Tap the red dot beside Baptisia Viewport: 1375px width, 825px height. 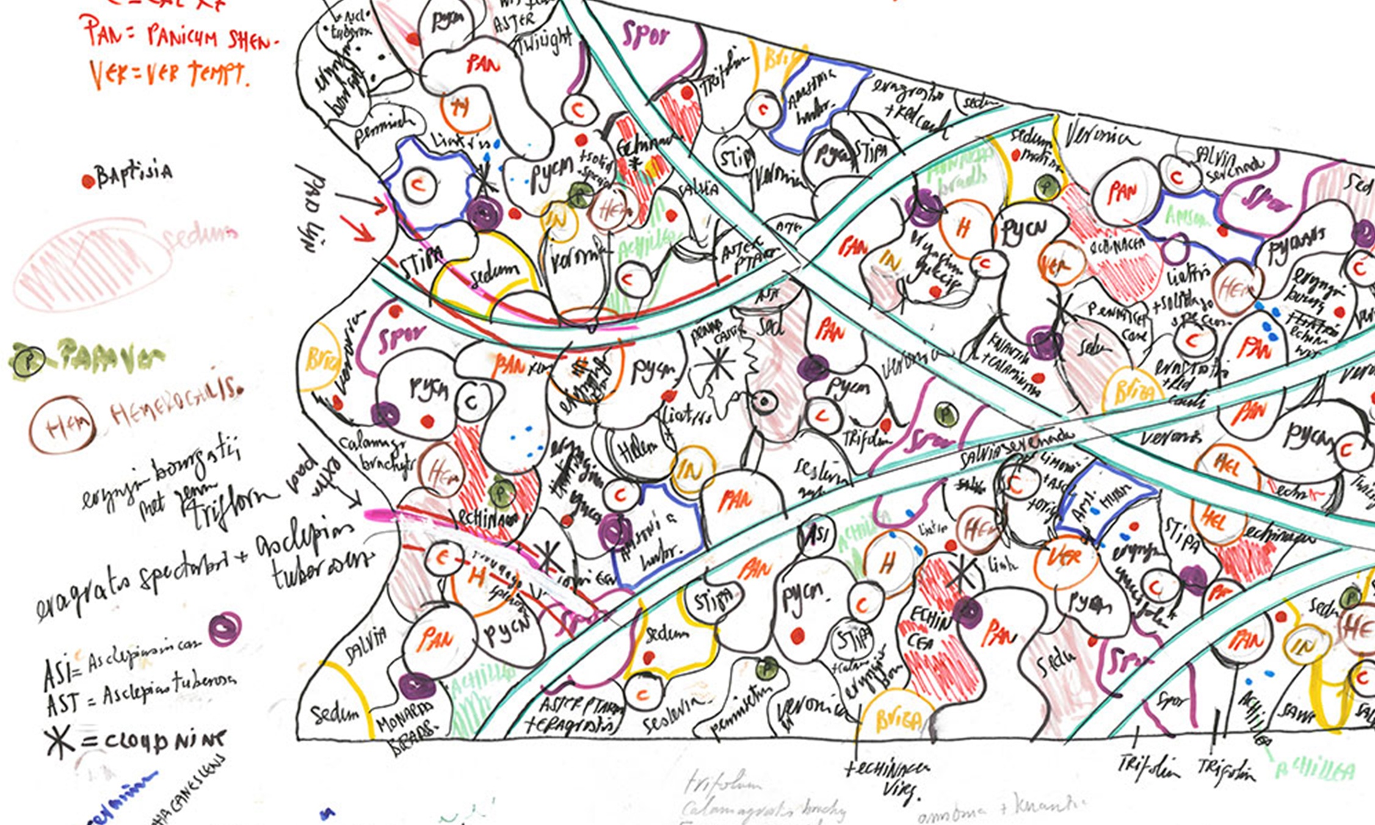88,181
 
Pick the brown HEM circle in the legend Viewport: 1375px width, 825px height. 62,425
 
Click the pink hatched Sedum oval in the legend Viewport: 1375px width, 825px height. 92,265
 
